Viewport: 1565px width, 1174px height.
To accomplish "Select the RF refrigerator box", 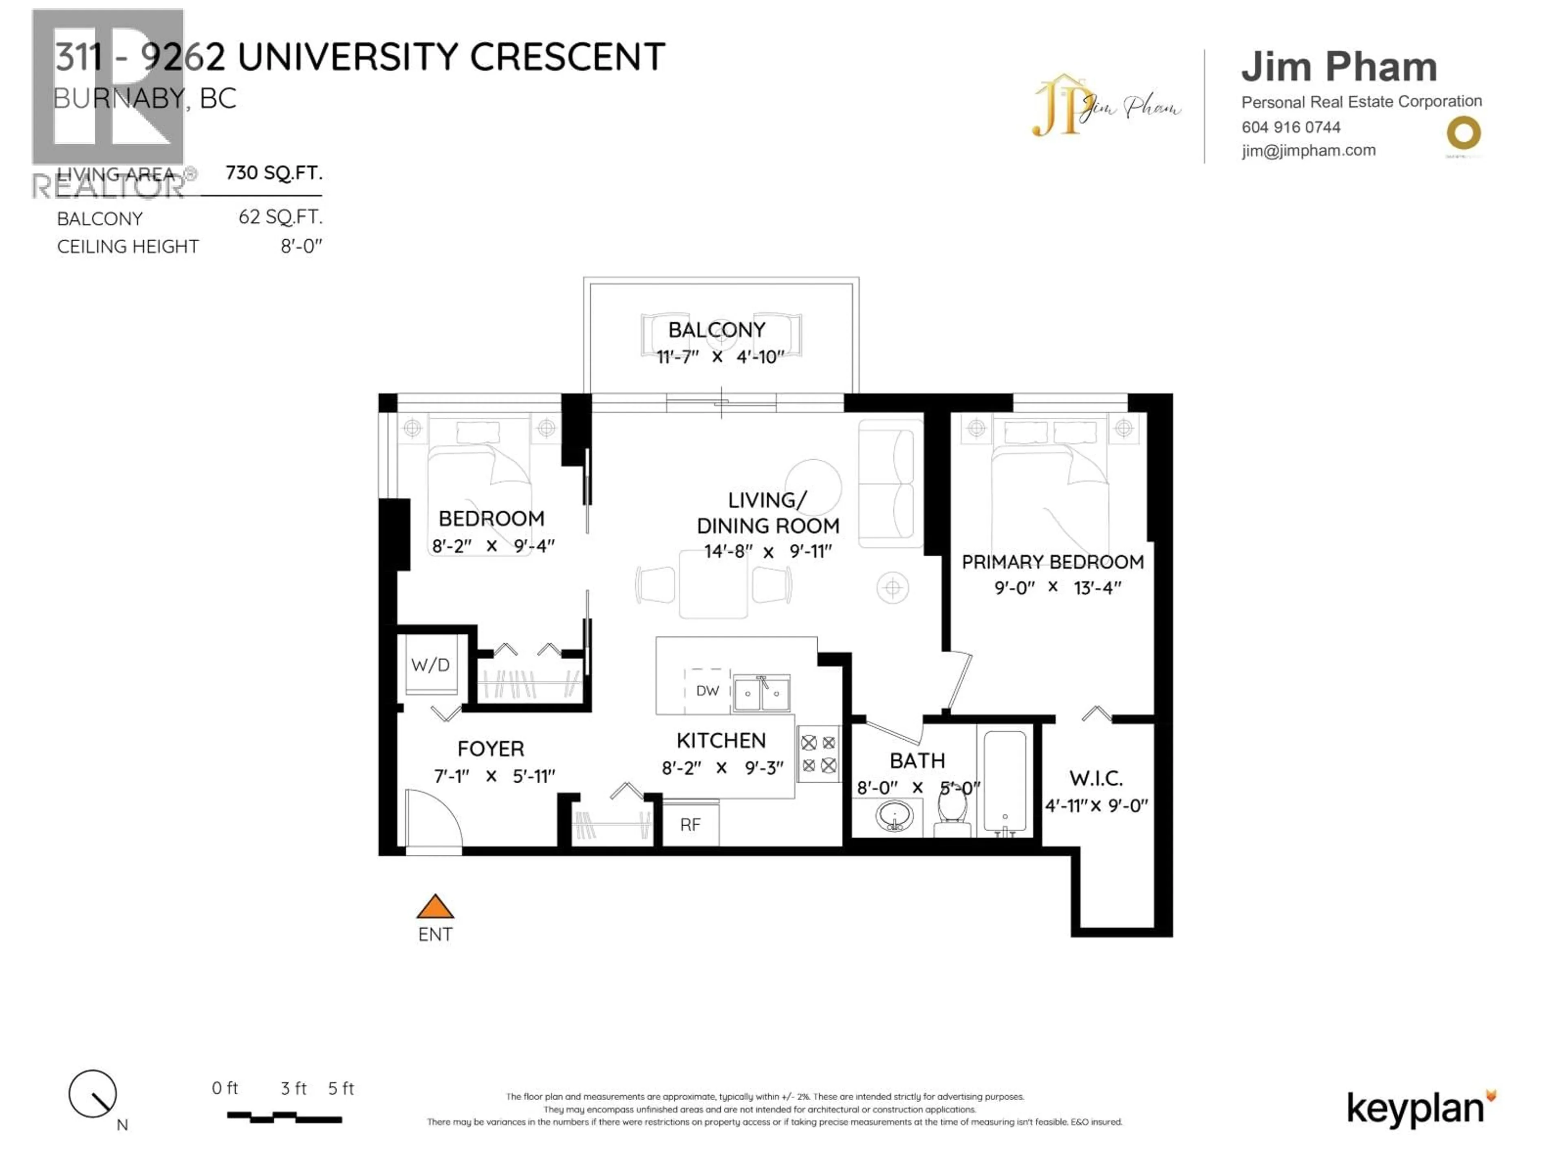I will click(690, 824).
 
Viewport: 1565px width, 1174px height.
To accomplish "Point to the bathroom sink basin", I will click(894, 817).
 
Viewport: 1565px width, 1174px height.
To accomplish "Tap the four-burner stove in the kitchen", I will click(819, 754).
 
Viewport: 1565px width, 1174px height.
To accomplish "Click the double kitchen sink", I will click(761, 693).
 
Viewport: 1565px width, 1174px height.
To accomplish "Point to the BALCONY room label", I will click(717, 330).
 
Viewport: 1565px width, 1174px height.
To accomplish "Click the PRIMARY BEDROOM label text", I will click(1052, 562).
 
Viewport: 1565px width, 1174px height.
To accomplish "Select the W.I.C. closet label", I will click(1096, 779).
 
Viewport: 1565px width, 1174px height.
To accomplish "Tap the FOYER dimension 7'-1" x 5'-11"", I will click(494, 776).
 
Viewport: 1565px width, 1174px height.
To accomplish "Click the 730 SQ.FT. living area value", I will click(274, 173).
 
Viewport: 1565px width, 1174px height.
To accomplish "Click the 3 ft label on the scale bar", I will click(293, 1088).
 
